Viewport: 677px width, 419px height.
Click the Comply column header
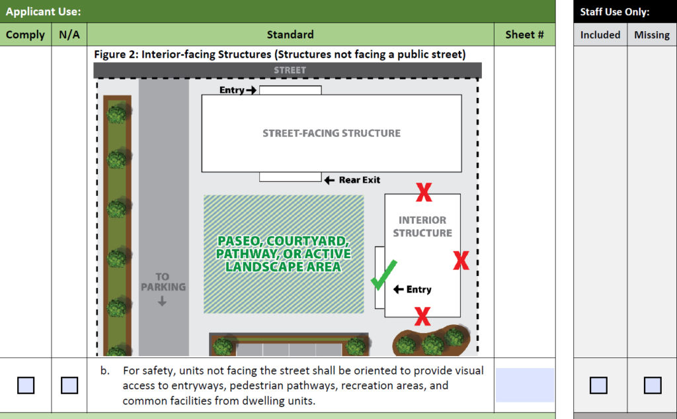(x=25, y=34)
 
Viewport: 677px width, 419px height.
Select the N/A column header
(x=69, y=34)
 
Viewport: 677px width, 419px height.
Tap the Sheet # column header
(x=524, y=34)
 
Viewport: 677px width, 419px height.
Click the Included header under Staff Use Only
(x=600, y=35)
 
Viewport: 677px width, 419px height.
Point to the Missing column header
(x=652, y=35)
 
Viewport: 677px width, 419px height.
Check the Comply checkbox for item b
(x=26, y=385)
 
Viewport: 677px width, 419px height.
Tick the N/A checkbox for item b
(x=69, y=385)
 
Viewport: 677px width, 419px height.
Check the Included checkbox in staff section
(x=598, y=385)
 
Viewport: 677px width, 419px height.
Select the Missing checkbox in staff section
(x=653, y=385)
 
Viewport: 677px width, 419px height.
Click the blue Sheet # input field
(x=524, y=385)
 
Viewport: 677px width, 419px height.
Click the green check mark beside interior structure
(x=383, y=275)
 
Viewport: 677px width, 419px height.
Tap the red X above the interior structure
(x=424, y=193)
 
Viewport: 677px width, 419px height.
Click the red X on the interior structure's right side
(x=461, y=261)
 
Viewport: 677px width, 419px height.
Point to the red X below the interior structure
(x=422, y=316)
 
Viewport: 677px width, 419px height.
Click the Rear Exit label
(x=359, y=180)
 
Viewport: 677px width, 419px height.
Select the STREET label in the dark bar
(x=290, y=70)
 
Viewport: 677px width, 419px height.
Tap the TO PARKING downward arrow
(x=163, y=301)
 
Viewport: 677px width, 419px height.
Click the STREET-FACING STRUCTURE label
(x=332, y=133)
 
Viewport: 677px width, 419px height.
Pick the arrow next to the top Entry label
(x=251, y=90)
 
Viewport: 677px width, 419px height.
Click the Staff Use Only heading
(x=614, y=12)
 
